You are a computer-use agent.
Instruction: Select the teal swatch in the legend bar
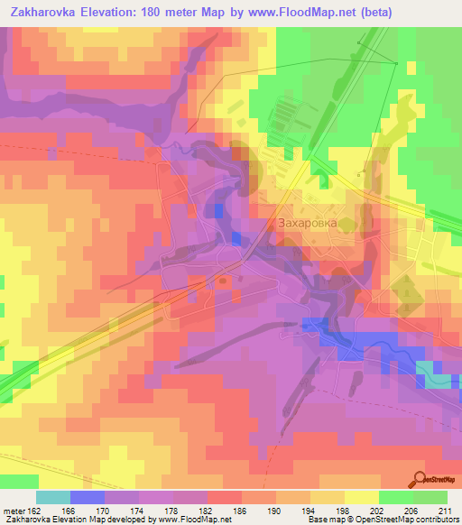[x=53, y=497]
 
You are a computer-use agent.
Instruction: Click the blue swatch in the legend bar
[x=88, y=497]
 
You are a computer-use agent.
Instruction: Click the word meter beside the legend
[x=14, y=511]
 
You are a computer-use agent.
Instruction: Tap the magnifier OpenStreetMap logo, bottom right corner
[x=420, y=480]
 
